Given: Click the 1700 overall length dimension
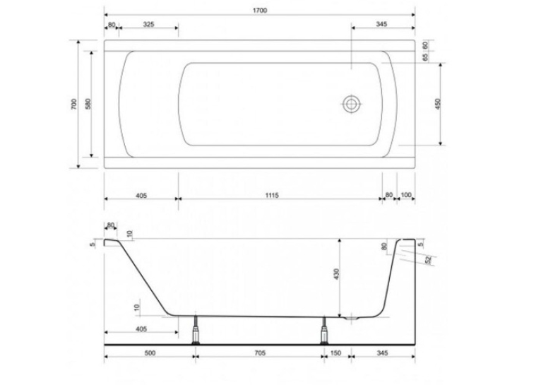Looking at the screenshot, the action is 260,11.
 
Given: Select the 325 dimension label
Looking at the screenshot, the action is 148,24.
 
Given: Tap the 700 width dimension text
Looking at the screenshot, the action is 74,104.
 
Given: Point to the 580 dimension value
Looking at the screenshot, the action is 88,104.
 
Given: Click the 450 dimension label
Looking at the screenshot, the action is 438,104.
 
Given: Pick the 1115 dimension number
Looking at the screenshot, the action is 271,195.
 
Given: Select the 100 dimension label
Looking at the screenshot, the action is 406,195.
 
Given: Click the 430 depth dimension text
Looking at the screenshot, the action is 337,274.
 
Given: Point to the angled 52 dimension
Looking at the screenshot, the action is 428,260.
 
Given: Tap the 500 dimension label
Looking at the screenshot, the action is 150,353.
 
